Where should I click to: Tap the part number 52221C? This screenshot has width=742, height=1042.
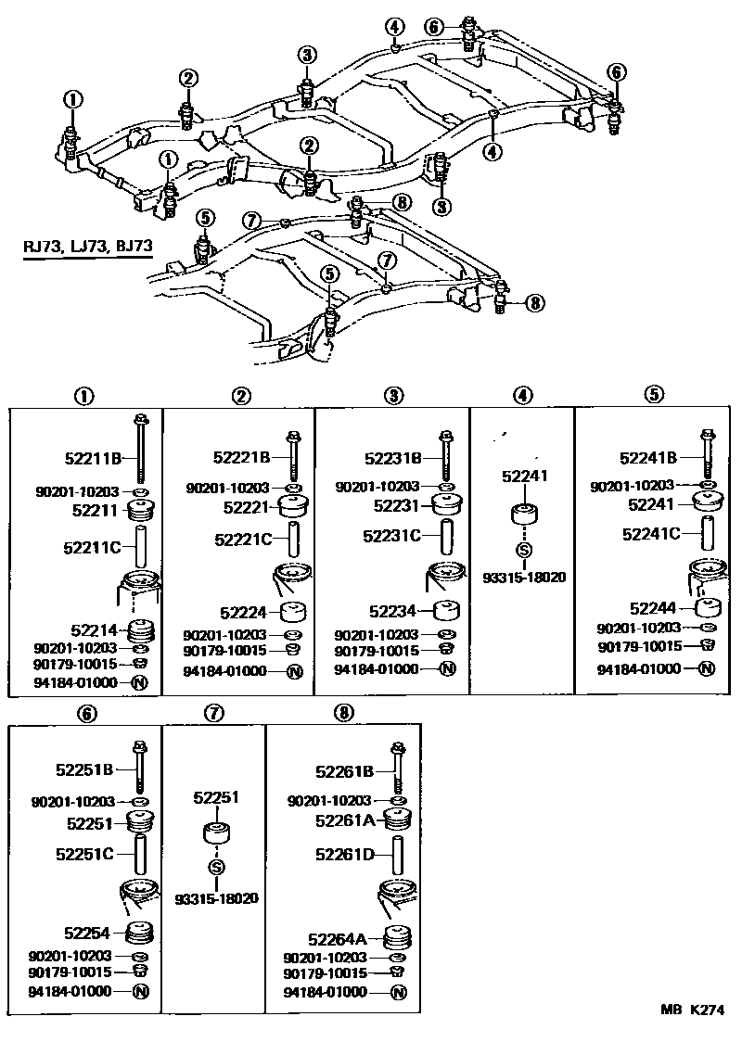(x=243, y=539)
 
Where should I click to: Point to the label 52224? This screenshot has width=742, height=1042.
(x=243, y=613)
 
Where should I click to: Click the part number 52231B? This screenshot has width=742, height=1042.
(x=393, y=457)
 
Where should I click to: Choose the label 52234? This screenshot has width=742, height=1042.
(x=393, y=611)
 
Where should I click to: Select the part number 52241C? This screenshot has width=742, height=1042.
(x=651, y=533)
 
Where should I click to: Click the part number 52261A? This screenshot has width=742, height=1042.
(x=345, y=820)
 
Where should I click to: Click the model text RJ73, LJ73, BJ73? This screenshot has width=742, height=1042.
(x=88, y=248)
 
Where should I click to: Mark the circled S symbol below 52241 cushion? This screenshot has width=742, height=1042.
(x=523, y=553)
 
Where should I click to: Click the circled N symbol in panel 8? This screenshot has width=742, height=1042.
(x=399, y=992)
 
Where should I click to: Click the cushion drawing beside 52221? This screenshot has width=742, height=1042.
(x=293, y=507)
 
